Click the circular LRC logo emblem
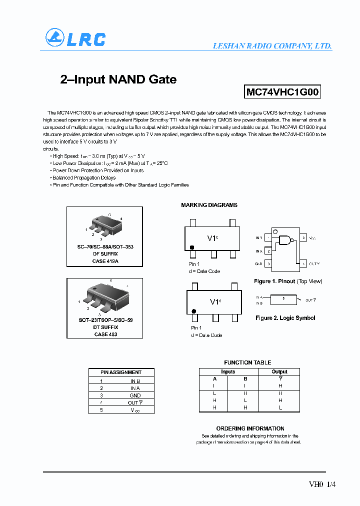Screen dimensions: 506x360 [x=55, y=38]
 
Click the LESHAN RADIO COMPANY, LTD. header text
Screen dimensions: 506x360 [x=272, y=45]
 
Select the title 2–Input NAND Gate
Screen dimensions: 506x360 [x=118, y=79]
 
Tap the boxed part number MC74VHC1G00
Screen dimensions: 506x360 [x=282, y=92]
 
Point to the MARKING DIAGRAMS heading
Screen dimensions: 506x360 [x=209, y=205]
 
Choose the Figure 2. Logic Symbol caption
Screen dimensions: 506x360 [x=285, y=318]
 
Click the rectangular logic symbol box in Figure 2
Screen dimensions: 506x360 [x=283, y=299]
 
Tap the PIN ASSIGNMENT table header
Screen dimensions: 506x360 [x=121, y=372]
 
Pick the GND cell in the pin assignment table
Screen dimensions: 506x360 [x=135, y=395]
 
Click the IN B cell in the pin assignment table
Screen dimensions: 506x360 [x=135, y=381]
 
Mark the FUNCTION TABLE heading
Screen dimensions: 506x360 [x=247, y=362]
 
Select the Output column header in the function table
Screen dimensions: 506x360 [x=279, y=371]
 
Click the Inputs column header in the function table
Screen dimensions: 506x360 [x=228, y=371]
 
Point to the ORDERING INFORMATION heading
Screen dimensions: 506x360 [x=250, y=428]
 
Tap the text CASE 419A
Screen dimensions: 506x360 [x=105, y=261]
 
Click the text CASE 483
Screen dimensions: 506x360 [x=105, y=334]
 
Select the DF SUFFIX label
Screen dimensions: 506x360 [x=105, y=254]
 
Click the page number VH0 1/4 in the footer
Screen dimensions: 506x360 [x=318, y=484]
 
